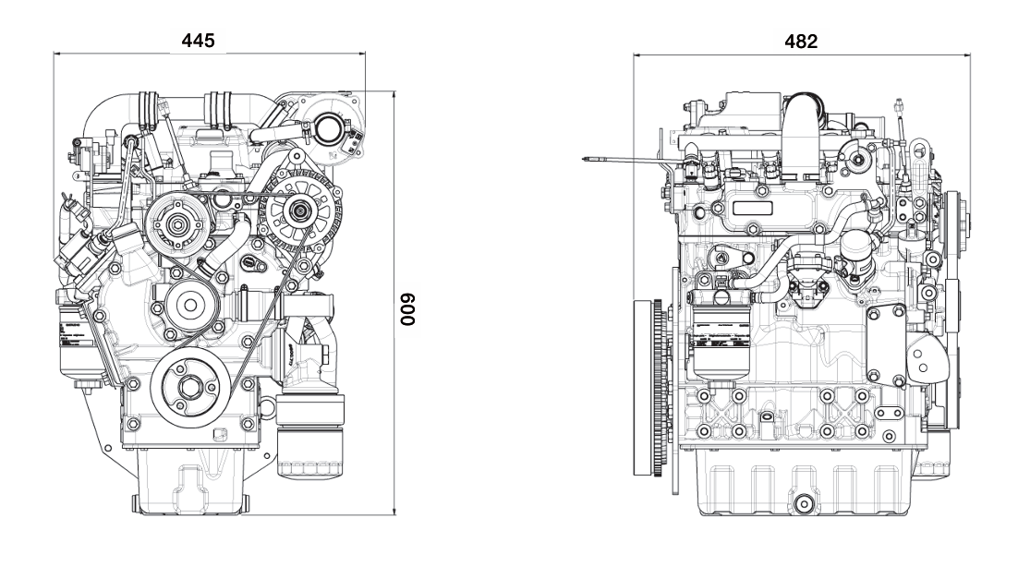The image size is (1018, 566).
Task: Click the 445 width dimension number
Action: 199,42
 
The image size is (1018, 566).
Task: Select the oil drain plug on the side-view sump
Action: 802,503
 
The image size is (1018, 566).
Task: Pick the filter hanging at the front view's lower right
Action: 308,441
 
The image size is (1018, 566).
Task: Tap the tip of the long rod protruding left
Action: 588,158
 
